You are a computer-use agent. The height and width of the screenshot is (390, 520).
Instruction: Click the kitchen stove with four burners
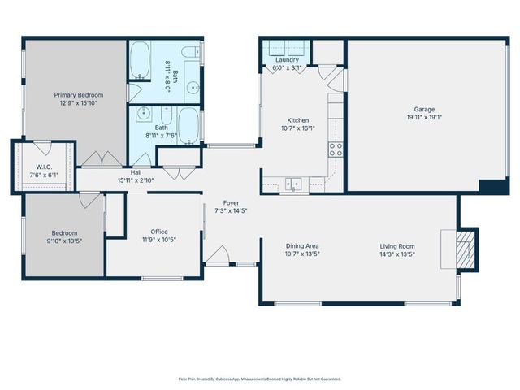335,149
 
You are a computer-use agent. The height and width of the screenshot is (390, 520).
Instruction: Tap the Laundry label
287,59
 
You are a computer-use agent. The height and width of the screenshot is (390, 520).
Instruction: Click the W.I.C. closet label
43,167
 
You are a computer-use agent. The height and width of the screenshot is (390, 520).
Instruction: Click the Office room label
159,231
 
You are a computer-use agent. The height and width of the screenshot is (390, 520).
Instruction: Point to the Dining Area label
301,245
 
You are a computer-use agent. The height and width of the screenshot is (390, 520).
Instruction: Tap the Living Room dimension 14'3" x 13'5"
397,253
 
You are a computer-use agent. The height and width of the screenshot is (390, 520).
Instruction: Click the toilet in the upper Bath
193,53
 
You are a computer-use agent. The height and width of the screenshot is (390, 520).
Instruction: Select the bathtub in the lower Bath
188,126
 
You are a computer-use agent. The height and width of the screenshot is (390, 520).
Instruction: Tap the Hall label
136,172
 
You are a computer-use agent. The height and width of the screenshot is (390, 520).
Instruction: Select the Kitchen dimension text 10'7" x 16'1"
297,128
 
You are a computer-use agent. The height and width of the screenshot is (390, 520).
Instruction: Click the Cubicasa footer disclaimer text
259,379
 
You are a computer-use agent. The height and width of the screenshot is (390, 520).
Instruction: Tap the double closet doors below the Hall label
173,171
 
